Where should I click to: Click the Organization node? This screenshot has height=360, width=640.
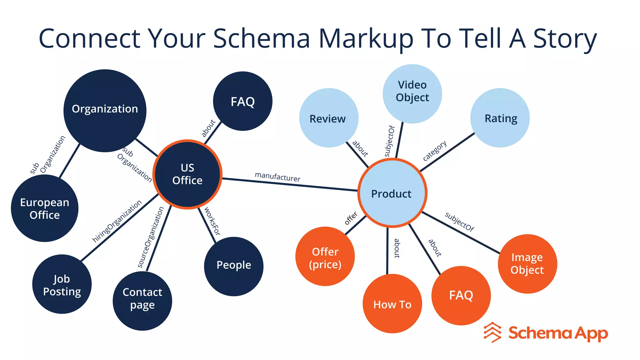tap(105, 110)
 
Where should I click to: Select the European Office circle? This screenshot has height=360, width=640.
tap(44, 208)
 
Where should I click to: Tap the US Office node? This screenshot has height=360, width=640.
tap(187, 174)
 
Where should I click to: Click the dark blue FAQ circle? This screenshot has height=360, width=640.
tap(242, 101)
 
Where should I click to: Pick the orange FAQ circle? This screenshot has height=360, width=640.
tap(461, 295)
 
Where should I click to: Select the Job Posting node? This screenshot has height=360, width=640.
tap(62, 284)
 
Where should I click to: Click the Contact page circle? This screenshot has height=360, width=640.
tap(142, 301)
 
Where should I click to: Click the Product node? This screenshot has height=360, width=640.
tap(392, 193)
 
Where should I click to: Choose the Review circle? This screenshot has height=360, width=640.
tap(328, 118)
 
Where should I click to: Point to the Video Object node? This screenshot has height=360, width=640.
tap(412, 93)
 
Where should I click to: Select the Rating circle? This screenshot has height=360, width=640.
tap(500, 118)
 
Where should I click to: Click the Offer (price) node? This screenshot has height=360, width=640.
tap(325, 256)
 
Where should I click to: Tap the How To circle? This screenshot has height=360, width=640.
tap(392, 303)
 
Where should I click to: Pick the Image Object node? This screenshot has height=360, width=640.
tap(527, 263)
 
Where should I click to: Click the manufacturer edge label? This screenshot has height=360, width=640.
tap(277, 177)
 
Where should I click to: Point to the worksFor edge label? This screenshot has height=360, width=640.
tap(212, 221)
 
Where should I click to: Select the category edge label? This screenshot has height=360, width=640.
tap(434, 151)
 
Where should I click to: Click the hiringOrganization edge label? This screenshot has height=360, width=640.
tap(117, 221)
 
